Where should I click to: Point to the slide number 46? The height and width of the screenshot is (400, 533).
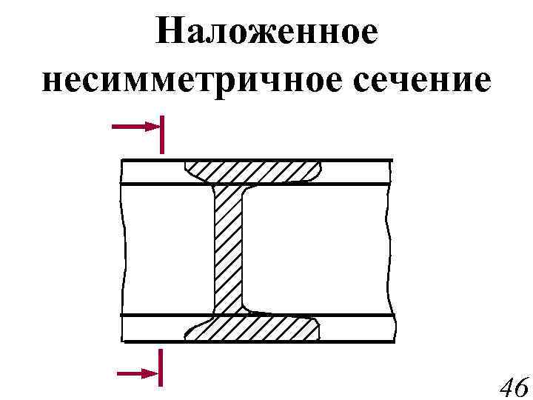tap(513, 387)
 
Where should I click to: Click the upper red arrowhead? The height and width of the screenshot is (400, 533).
tap(152, 127)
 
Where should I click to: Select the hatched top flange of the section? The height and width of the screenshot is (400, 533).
tap(252, 172)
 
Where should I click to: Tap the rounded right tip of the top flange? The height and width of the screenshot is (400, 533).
tap(319, 171)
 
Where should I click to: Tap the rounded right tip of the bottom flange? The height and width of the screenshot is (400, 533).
tap(318, 327)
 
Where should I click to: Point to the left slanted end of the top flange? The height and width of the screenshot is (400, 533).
tap(190, 172)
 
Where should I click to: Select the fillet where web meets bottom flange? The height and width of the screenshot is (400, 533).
tap(246, 307)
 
